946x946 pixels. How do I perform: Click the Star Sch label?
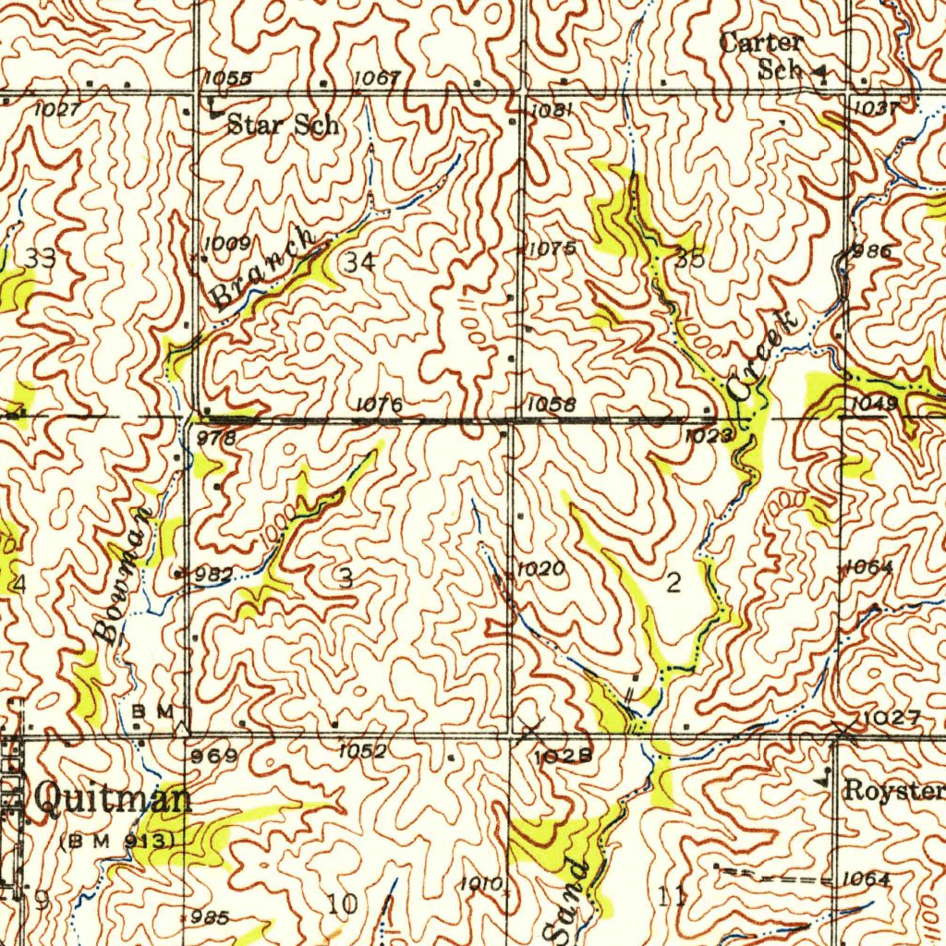click(283, 125)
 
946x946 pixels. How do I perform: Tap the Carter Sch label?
click(764, 55)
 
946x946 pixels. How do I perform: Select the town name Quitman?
click(113, 799)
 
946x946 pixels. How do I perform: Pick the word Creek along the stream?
click(761, 357)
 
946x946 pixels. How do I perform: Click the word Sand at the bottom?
click(565, 902)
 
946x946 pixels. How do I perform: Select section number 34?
click(359, 262)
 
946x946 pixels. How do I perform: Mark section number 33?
click(41, 260)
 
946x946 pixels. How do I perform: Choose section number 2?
click(673, 582)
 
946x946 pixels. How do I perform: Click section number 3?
click(346, 579)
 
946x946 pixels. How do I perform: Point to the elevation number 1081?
click(553, 110)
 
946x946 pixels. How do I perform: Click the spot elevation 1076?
click(378, 404)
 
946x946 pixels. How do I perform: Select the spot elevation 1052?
click(362, 753)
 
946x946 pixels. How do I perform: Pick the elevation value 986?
click(872, 251)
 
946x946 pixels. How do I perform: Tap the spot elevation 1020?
click(540, 569)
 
